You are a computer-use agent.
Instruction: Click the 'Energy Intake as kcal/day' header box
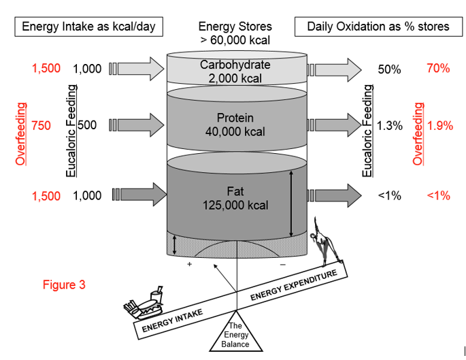click(88, 27)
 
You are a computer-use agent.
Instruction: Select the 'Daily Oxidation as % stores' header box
click(378, 27)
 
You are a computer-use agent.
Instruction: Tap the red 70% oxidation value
click(438, 68)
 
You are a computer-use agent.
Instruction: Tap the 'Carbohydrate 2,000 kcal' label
click(235, 71)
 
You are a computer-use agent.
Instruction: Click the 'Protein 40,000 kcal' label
click(235, 125)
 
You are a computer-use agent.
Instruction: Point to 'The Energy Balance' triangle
click(236, 333)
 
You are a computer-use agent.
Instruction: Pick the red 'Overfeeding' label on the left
click(22, 134)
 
